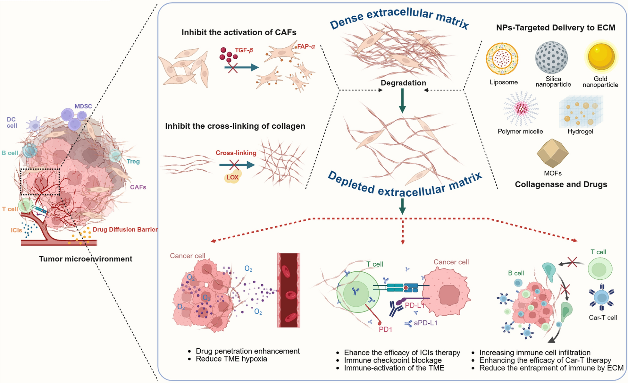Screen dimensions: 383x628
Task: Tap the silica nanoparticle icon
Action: pos(551,58)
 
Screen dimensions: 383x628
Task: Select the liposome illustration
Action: pos(502,59)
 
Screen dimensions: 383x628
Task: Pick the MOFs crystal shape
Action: pos(553,153)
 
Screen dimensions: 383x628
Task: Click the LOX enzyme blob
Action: pos(232,177)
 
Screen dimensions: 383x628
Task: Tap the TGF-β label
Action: pos(244,50)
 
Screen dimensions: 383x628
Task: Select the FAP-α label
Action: pos(306,47)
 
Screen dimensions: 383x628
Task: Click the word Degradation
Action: pos(403,83)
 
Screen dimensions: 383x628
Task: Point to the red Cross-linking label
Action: pos(236,153)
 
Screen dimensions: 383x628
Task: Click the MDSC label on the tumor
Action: pos(83,106)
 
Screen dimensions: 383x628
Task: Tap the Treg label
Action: pos(133,161)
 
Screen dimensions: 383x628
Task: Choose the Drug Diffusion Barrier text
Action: pos(125,230)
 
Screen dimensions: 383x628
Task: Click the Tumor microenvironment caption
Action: pos(86,259)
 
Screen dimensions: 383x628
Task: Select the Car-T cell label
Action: pos(603,318)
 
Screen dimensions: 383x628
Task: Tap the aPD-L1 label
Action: pos(425,323)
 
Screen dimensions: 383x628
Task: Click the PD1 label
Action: pos(385,329)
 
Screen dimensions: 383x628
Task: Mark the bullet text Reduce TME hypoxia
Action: pos(231,359)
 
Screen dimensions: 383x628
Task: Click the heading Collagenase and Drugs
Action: pos(561,184)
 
